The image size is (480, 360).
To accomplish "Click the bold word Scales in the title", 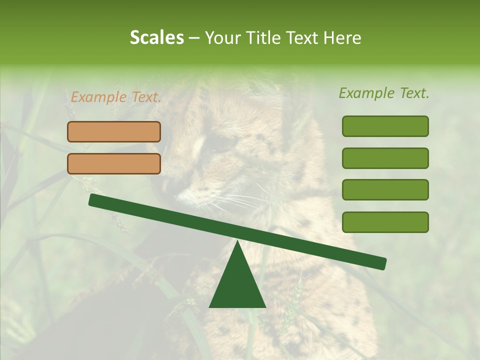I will pyautogui.click(x=156, y=38).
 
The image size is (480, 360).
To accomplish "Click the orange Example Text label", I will pyautogui.click(x=116, y=97).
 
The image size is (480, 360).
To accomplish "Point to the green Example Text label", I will pyautogui.click(x=384, y=93).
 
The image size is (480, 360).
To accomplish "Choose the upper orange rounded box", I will pyautogui.click(x=114, y=131).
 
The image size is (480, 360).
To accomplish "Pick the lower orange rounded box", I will pyautogui.click(x=114, y=163).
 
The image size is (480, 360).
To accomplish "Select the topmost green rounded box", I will pyautogui.click(x=385, y=126).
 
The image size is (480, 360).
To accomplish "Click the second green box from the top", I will pyautogui.click(x=385, y=158).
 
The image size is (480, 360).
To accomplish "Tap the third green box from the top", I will pyautogui.click(x=385, y=190).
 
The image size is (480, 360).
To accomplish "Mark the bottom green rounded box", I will pyautogui.click(x=385, y=222).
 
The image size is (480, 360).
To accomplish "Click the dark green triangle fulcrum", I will pyautogui.click(x=237, y=285).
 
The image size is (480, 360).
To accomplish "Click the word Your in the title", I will pyautogui.click(x=221, y=38).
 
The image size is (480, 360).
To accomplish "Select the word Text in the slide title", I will pyautogui.click(x=305, y=38).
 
